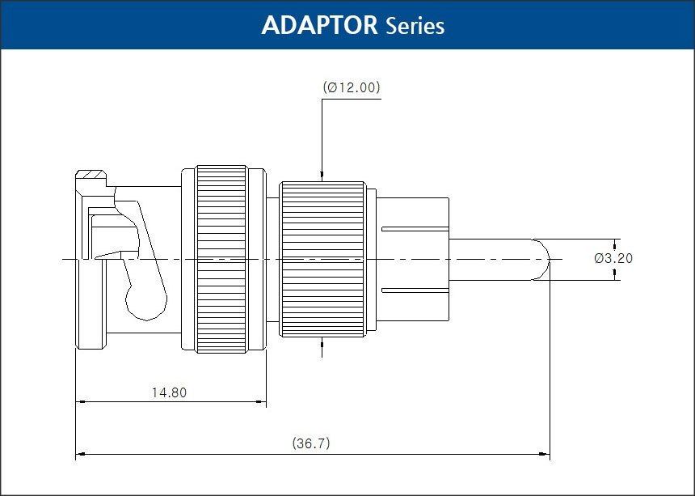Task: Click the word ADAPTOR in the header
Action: coord(319,25)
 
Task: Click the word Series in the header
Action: coord(415,26)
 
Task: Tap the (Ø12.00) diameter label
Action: coord(352,87)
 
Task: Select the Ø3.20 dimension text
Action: coord(613,258)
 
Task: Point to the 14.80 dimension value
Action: coord(170,392)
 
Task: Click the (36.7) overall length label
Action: coord(311,443)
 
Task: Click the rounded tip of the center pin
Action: coord(543,260)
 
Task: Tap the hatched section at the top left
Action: coord(91,174)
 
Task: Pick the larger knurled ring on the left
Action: coord(221,259)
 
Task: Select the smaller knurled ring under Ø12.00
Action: coord(323,259)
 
